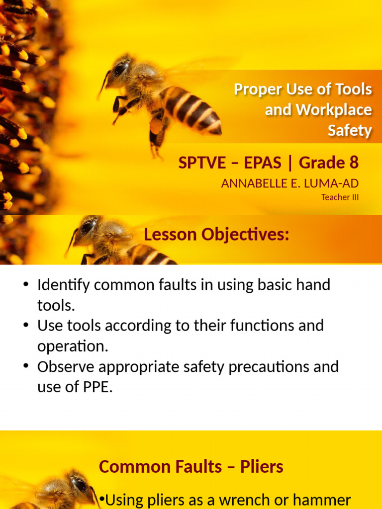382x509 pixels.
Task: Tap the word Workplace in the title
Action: point(335,110)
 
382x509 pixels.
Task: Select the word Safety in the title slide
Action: point(350,131)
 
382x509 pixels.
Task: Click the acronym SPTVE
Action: point(202,163)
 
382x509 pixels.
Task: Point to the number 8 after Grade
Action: point(354,163)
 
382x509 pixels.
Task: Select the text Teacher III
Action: point(340,197)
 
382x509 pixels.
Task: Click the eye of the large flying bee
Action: point(120,69)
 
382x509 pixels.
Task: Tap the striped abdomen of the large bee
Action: point(191,109)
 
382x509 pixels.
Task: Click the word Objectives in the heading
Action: point(245,235)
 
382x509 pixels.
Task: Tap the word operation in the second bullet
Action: point(73,346)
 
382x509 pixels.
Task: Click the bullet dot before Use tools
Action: point(26,325)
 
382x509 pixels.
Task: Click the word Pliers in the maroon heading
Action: point(262,467)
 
